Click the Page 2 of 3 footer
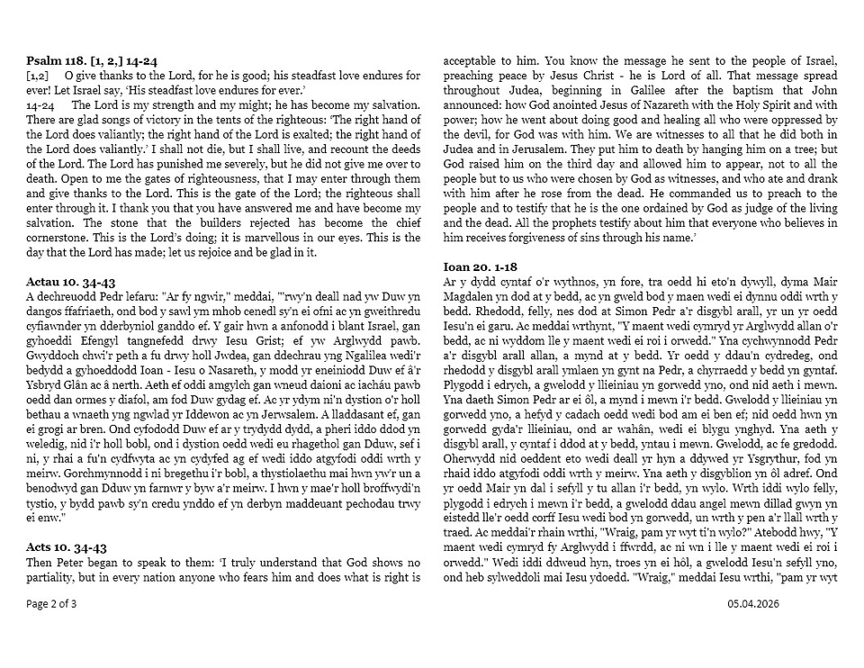pyautogui.click(x=52, y=604)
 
